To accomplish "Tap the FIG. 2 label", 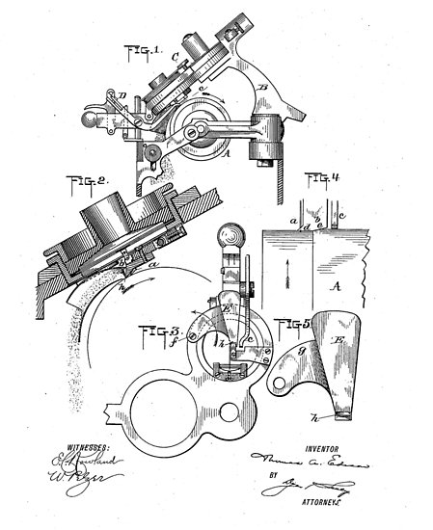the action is tap(88, 180).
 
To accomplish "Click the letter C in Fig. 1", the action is tap(175, 56).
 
